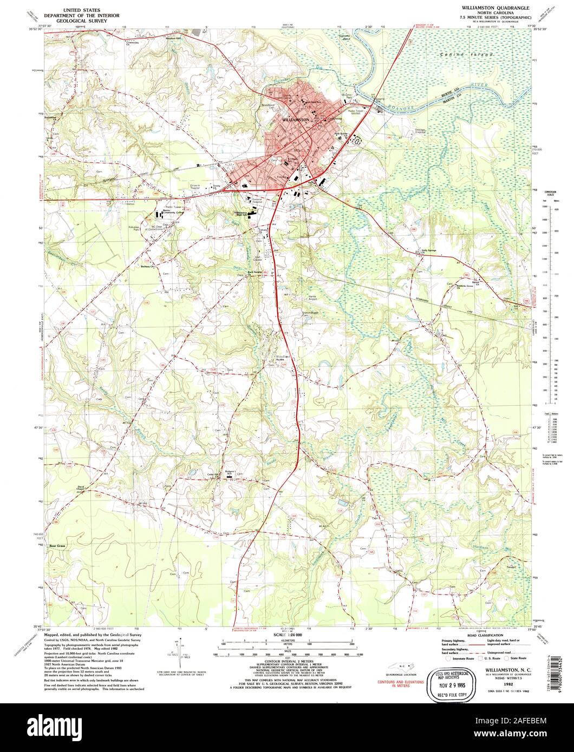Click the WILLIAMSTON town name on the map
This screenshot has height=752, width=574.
coord(296,120)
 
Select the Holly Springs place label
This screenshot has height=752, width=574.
coord(429,250)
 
